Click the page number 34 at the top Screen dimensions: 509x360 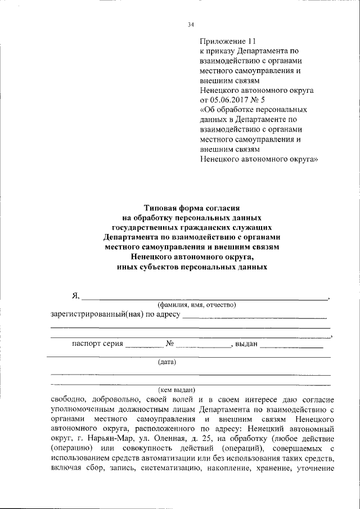191,25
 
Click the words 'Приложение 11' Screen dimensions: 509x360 228,42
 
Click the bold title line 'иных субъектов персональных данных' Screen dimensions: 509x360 192,268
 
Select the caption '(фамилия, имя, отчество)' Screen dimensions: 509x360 196,305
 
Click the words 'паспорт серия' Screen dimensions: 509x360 97,345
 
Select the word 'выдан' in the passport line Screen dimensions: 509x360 246,345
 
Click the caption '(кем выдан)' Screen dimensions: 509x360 176,389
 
